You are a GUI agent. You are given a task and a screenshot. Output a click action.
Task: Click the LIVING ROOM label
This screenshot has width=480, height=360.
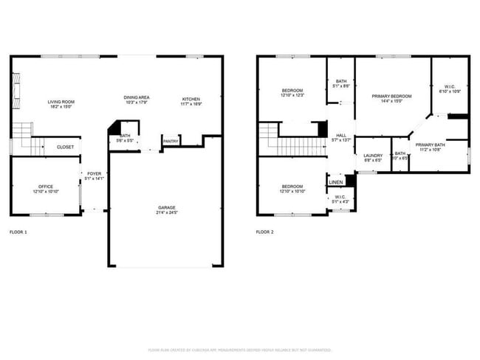(x=61, y=102)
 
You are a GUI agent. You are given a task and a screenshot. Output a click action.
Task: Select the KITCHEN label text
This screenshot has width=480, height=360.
(x=191, y=98)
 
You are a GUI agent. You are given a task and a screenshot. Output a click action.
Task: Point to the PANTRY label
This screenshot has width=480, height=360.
(x=171, y=141)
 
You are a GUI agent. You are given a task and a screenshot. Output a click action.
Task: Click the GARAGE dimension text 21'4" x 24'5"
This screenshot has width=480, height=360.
(x=166, y=213)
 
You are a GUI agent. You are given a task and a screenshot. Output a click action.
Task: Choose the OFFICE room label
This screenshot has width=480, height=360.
(x=46, y=186)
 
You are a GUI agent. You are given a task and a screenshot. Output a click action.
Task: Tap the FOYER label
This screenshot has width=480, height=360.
(x=95, y=173)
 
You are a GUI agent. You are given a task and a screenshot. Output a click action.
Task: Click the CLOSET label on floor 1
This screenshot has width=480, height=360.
(x=65, y=147)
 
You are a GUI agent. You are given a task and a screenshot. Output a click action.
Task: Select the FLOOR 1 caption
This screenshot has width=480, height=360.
(x=18, y=232)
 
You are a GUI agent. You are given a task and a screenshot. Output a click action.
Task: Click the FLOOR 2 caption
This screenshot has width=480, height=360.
(x=264, y=232)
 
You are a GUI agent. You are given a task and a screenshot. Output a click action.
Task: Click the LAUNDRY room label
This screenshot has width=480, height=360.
(x=373, y=155)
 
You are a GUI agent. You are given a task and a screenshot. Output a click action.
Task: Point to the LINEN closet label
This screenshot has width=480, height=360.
(x=336, y=181)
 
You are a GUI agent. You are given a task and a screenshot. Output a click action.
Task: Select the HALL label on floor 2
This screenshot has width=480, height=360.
(x=341, y=135)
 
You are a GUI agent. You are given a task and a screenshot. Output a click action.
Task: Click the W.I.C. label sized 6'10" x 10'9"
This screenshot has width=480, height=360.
(x=449, y=87)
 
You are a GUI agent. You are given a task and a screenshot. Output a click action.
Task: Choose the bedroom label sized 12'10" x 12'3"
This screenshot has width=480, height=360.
(x=292, y=91)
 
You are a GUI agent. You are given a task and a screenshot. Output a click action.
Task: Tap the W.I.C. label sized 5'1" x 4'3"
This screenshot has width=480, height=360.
(x=340, y=197)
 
